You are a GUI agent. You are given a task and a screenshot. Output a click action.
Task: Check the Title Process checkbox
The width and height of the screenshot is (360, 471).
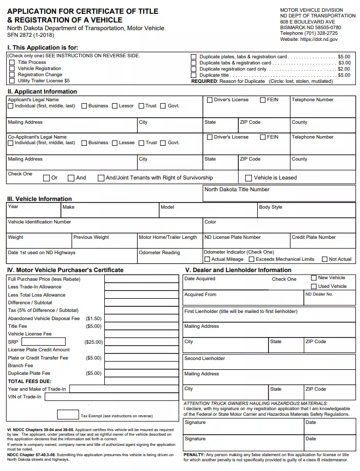tap(12, 62)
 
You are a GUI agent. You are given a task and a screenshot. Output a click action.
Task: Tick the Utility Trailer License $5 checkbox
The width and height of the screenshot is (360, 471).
tap(12, 81)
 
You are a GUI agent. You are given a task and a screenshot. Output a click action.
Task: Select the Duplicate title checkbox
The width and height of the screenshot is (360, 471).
tap(194, 75)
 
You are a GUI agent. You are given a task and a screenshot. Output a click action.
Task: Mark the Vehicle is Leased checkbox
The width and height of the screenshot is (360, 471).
tap(249, 178)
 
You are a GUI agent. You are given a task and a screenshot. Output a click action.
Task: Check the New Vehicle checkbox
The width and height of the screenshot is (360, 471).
tap(314, 278)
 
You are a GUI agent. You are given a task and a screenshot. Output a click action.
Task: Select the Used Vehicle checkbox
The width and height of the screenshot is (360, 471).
tap(314, 286)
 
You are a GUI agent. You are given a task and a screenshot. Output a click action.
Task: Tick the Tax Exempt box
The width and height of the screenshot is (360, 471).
tap(67, 415)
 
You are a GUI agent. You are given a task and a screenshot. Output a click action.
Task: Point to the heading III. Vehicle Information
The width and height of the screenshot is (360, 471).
tap(39, 199)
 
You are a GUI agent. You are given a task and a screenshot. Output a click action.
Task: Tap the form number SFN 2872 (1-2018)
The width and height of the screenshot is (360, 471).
tap(31, 35)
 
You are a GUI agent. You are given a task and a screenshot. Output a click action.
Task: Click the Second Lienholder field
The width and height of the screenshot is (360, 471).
tap(269, 362)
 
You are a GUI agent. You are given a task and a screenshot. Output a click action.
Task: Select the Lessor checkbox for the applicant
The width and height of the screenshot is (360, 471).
tap(115, 106)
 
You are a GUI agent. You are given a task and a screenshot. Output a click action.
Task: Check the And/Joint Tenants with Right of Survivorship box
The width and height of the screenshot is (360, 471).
tap(100, 178)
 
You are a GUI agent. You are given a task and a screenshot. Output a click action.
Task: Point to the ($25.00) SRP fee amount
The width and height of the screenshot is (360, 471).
tap(93, 342)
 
